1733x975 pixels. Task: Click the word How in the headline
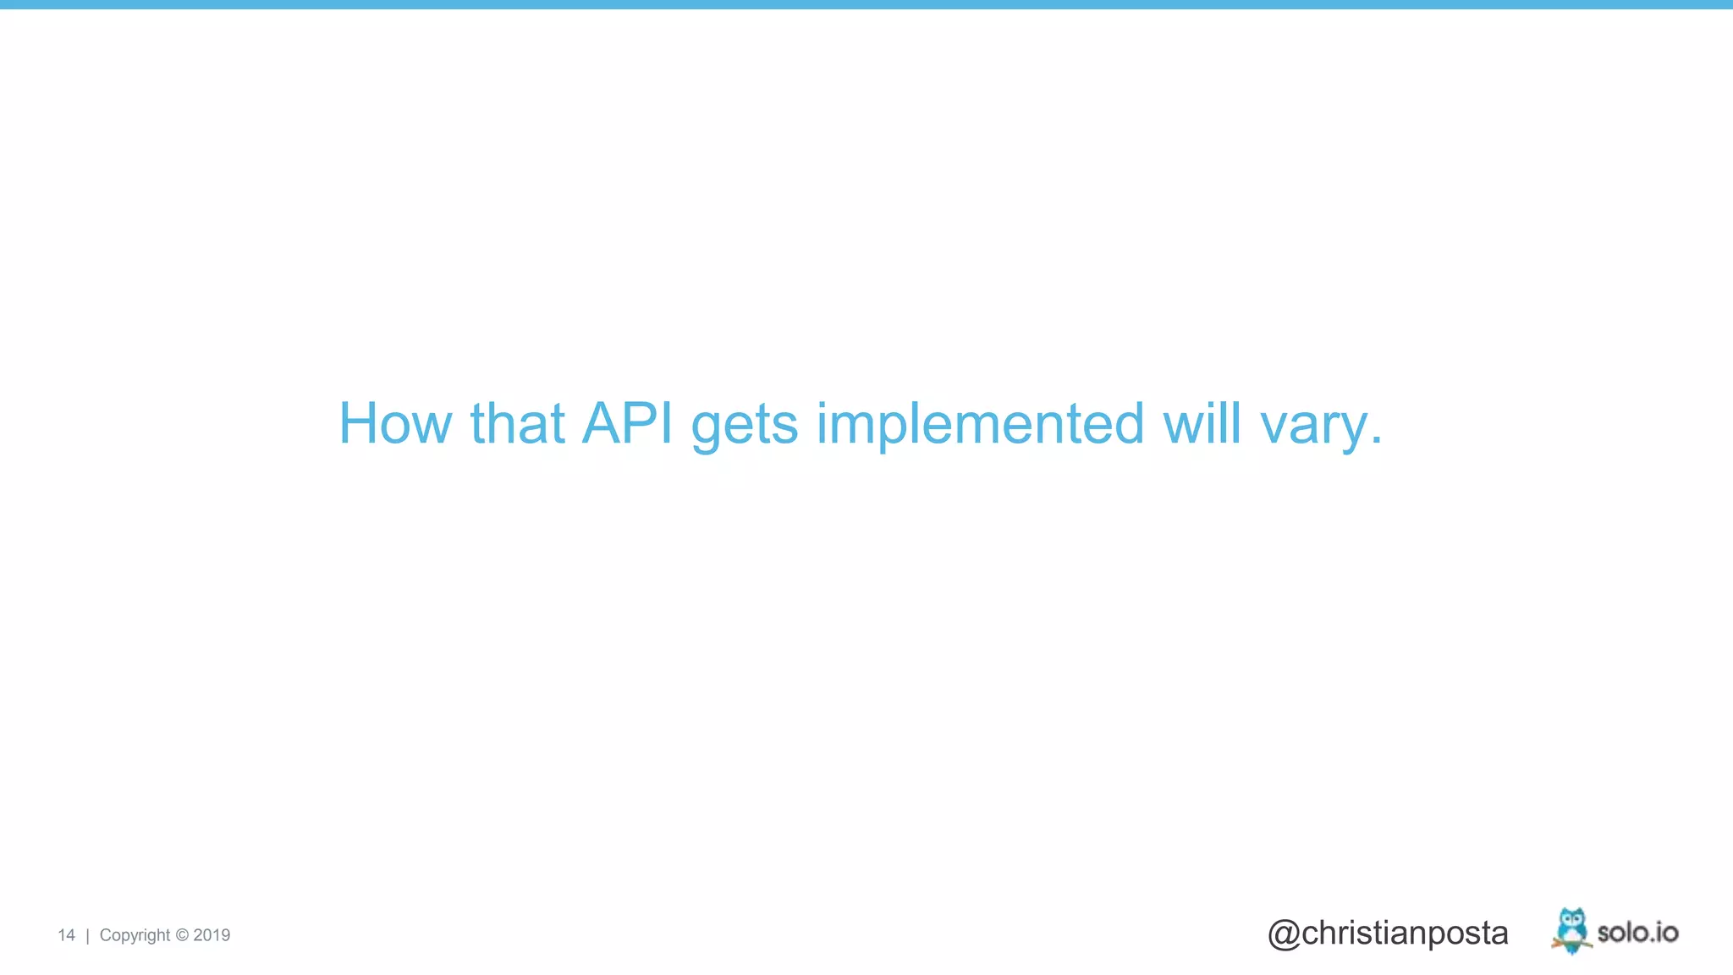[395, 423]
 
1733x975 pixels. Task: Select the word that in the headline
[517, 423]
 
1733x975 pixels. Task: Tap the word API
[627, 423]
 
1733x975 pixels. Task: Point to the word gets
[744, 427]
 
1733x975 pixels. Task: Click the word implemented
[980, 425]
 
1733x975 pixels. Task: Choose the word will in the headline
[1202, 423]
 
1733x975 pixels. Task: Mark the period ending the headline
[1376, 440]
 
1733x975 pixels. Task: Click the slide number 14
[66, 935]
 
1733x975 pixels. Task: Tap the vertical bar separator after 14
[87, 935]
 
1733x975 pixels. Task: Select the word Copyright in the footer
[135, 936]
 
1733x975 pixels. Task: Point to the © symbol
[182, 935]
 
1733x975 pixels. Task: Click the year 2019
[212, 935]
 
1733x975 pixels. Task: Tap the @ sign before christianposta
[1284, 934]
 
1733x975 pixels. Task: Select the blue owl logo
[1571, 929]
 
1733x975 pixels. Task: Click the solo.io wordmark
[1637, 933]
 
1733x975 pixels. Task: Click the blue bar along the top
[866, 4]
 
